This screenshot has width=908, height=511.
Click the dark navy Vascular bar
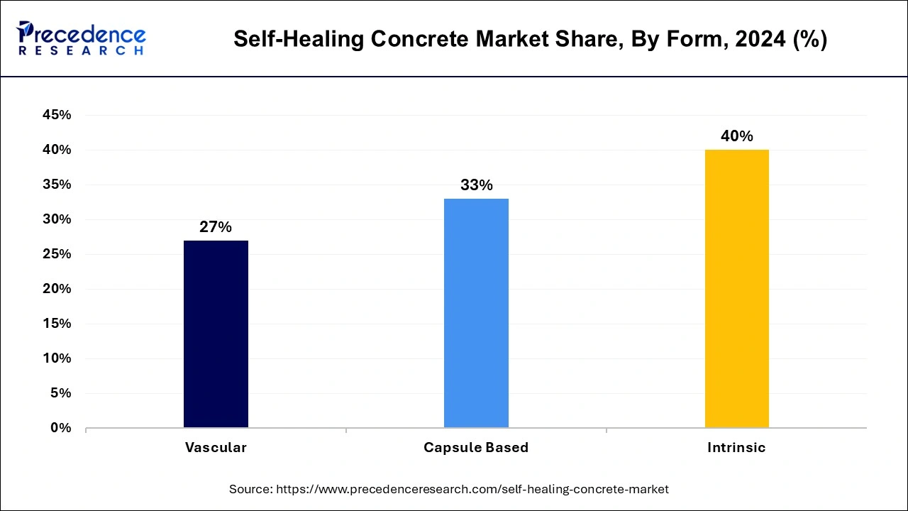[x=216, y=334]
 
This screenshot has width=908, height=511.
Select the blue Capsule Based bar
[x=476, y=313]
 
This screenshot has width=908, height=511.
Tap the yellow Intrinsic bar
[x=736, y=288]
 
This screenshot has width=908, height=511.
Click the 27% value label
[x=216, y=227]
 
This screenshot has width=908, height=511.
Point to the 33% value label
[x=476, y=185]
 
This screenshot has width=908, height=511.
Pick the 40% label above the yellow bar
[x=736, y=136]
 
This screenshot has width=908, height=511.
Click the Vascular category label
[x=216, y=448]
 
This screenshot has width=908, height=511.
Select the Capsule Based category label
[x=476, y=448]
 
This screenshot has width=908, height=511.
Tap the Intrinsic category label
[x=736, y=448]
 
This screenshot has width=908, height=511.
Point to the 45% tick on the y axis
[x=57, y=115]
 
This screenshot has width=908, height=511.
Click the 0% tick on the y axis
[x=61, y=428]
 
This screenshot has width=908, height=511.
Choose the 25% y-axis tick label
[x=57, y=254]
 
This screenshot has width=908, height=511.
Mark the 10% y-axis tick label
[x=57, y=358]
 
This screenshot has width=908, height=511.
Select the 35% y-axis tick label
[x=57, y=185]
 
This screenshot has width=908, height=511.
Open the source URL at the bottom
[x=472, y=489]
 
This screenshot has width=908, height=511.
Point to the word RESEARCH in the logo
[x=82, y=51]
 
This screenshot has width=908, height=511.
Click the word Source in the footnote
[x=250, y=489]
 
